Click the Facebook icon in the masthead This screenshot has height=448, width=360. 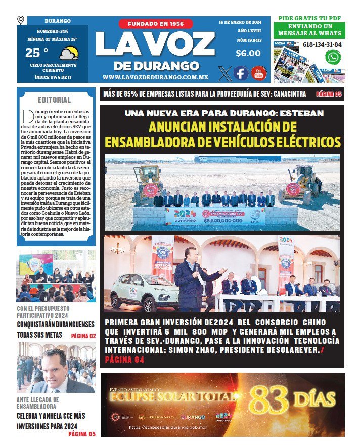pos(241,73)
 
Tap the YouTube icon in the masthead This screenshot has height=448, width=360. pos(258,73)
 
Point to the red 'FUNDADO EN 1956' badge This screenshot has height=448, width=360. pos(156,24)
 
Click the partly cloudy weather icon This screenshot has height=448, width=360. pos(68,53)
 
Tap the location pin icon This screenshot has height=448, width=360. pos(21,20)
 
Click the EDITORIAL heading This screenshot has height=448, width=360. pos(54,100)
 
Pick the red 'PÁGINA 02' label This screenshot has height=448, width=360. pos(83,336)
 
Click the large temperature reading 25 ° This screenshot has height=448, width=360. pos(37,53)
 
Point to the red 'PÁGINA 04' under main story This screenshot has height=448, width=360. pos(124,360)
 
